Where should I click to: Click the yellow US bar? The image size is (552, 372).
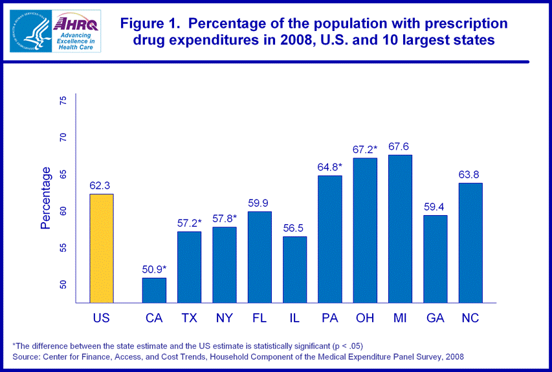[102, 248]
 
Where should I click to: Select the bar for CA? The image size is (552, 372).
[154, 290]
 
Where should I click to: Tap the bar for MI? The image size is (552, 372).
[400, 229]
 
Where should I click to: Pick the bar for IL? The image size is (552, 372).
[295, 269]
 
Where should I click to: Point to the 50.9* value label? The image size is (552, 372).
[154, 269]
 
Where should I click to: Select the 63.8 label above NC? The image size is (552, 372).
[470, 174]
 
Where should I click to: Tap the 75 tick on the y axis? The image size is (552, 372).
[63, 101]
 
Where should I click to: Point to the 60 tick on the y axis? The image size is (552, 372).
[63, 211]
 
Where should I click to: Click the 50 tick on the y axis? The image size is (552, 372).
[63, 285]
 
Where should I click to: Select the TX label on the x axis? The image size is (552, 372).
[190, 318]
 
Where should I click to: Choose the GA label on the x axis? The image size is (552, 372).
[435, 318]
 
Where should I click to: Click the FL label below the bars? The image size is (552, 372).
[259, 318]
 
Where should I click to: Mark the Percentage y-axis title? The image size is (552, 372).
[46, 198]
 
